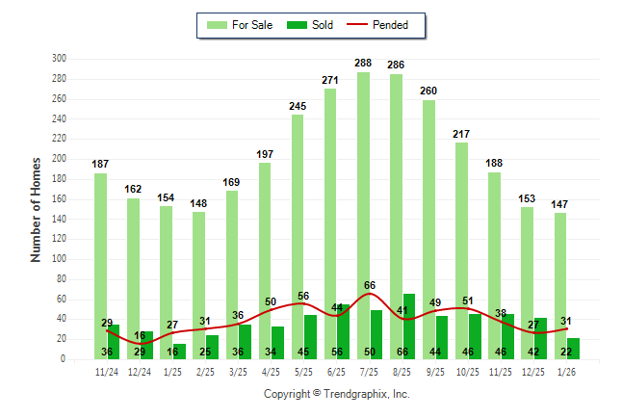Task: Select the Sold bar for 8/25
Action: click(x=409, y=327)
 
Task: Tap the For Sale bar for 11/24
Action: click(x=100, y=266)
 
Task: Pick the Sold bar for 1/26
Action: click(x=574, y=349)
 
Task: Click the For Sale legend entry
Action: click(x=241, y=25)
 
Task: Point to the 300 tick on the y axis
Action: click(x=59, y=59)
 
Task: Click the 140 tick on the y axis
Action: click(x=59, y=219)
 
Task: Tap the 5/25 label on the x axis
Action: click(x=304, y=372)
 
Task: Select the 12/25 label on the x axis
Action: click(x=532, y=372)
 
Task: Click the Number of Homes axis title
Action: click(x=37, y=209)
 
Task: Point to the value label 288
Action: click(x=363, y=64)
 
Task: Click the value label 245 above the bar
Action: click(x=298, y=106)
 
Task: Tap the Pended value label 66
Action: click(x=369, y=285)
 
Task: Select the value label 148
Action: click(x=199, y=203)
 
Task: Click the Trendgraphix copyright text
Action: click(x=336, y=394)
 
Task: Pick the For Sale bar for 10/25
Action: click(x=461, y=250)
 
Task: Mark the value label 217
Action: click(x=461, y=134)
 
